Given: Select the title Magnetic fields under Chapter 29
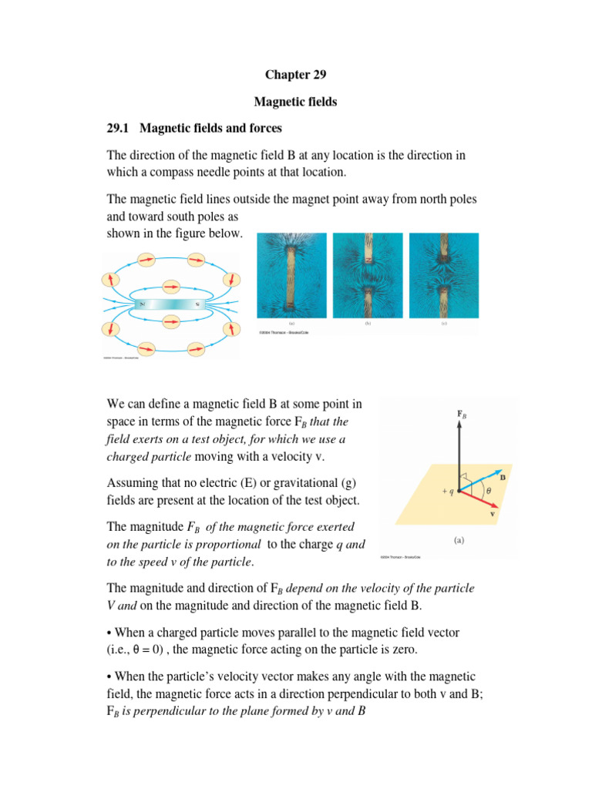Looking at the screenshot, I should [x=295, y=102].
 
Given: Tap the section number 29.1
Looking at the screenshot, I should [x=119, y=128].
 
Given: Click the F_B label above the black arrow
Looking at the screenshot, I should [x=462, y=414].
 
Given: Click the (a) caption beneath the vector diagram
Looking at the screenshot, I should [x=459, y=541].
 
